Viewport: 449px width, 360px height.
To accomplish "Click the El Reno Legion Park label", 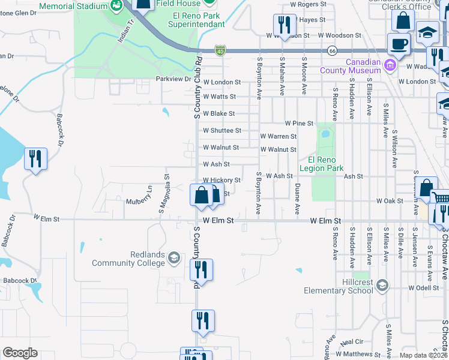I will click(325, 164).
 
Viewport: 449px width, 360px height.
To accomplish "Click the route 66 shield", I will click(333, 51).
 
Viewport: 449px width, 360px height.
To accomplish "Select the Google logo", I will click(20, 353).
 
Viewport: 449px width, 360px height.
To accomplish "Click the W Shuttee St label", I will click(221, 130).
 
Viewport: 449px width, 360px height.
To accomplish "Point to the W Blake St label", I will click(218, 113).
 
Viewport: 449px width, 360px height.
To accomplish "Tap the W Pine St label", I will click(299, 123).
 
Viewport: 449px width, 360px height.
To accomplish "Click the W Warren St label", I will click(278, 137).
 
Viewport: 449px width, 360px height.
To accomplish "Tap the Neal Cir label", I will click(351, 342).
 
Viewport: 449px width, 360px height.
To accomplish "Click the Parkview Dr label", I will click(173, 79).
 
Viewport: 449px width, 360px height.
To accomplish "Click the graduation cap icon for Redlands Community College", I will click(173, 258).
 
